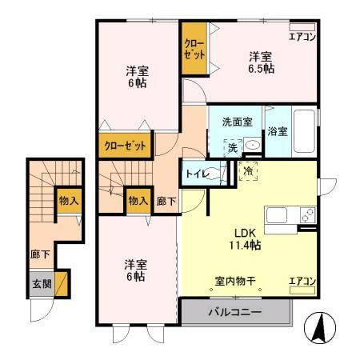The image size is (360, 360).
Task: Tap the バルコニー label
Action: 235,312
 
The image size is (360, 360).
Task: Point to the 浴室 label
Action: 278,130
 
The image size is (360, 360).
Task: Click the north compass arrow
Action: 319,328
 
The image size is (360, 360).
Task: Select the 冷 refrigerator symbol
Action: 248,170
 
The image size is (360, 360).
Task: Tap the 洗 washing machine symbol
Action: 232,146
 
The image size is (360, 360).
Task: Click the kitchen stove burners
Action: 306,214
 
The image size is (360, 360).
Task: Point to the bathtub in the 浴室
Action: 302,132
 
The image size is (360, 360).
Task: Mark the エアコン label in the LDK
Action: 302,280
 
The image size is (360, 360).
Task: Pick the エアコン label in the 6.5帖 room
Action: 302,37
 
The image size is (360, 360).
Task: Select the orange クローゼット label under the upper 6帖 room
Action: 126,146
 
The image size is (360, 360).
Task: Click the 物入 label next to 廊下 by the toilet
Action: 138,200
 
